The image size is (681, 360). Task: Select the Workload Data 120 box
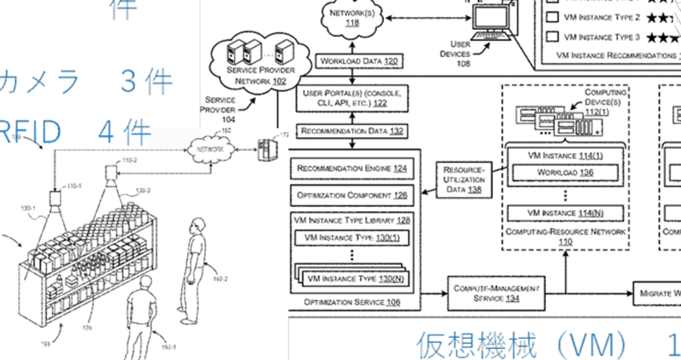pyautogui.click(x=358, y=62)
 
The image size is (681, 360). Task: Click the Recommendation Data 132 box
pyautogui.click(x=352, y=132)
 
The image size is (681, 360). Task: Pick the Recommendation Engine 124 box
pyautogui.click(x=352, y=169)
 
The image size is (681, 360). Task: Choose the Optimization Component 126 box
pyautogui.click(x=352, y=195)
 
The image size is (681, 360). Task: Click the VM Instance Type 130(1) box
pyautogui.click(x=351, y=237)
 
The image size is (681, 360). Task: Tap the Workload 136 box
pyautogui.click(x=564, y=173)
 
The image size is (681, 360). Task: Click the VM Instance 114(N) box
pyautogui.click(x=564, y=212)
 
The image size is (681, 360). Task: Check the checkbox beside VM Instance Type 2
pyautogui.click(x=550, y=16)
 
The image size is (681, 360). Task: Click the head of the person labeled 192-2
pyautogui.click(x=197, y=227)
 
